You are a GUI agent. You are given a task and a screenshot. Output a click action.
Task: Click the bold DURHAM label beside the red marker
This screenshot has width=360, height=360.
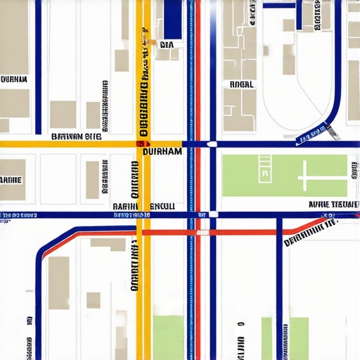coord(162,150)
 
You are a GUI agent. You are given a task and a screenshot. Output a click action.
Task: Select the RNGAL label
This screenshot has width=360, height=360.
coord(242,84)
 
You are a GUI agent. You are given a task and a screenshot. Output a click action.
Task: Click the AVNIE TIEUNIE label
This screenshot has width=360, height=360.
coord(334,205)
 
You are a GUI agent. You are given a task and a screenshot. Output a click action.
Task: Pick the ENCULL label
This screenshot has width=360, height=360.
coord(162,206)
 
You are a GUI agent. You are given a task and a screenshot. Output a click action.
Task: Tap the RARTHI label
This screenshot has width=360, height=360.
coord(127,206)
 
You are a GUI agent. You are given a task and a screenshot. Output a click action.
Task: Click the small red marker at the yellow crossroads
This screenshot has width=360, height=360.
coord(139,143)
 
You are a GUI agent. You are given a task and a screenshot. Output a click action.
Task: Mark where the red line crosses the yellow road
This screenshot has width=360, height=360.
coord(143,231)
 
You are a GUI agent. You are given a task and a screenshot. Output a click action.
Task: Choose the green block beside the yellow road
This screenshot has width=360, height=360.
coord(168,337)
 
